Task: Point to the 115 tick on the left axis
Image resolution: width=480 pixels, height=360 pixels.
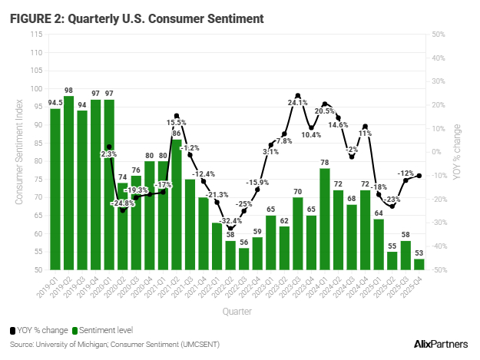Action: click(37, 35)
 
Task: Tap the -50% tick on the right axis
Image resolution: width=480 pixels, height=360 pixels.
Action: click(439, 270)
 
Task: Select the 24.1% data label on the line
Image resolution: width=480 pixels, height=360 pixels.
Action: click(298, 101)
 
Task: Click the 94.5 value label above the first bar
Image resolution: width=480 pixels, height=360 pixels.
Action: click(55, 102)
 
